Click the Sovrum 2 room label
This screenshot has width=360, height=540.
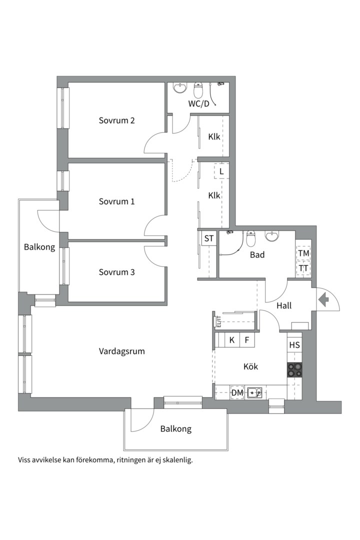[x=116, y=120]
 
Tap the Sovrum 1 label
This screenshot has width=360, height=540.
[x=116, y=201]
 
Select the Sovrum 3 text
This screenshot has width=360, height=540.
[x=116, y=272]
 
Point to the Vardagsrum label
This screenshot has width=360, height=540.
[x=121, y=351]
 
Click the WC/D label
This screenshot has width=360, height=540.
[x=199, y=103]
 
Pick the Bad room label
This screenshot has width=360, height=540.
[x=257, y=255]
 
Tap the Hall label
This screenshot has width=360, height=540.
[x=284, y=305]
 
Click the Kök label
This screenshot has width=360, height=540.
[x=250, y=366]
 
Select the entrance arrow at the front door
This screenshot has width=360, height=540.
[x=323, y=299]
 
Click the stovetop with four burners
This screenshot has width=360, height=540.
[x=294, y=370]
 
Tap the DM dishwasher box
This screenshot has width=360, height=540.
[x=237, y=392]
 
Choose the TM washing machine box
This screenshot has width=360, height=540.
[x=303, y=253]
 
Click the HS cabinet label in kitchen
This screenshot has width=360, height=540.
[x=294, y=345]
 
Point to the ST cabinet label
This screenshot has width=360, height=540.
[x=209, y=238]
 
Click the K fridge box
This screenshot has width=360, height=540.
[x=232, y=340]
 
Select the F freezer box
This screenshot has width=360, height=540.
[x=247, y=340]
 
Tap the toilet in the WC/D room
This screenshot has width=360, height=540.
[x=198, y=90]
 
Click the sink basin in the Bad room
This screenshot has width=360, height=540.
[x=272, y=236]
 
